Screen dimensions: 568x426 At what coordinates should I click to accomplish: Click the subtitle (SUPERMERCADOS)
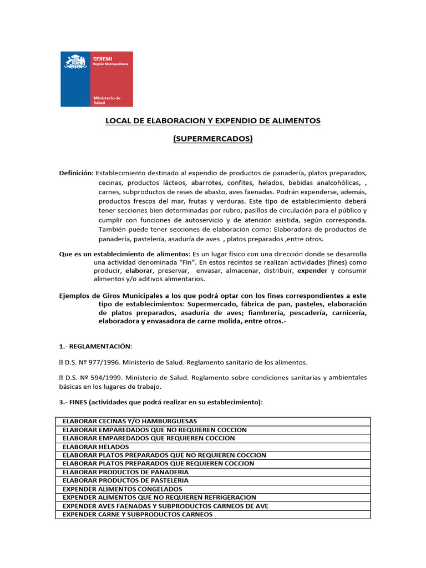[213, 139]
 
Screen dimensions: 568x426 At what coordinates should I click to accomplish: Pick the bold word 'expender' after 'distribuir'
[312, 271]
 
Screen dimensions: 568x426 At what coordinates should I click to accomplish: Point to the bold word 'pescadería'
[307, 313]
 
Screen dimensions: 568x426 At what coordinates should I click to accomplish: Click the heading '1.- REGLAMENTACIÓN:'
[95, 346]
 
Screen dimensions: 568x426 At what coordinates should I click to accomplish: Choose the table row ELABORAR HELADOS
[96, 447]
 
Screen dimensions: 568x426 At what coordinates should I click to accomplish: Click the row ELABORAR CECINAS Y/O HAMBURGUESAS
[130, 421]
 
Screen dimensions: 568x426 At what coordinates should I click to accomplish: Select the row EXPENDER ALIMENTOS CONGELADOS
[122, 489]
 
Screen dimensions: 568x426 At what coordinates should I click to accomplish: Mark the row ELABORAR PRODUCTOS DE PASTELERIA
[125, 480]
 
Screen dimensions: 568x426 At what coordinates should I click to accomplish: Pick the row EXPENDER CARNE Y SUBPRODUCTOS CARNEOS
[138, 514]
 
